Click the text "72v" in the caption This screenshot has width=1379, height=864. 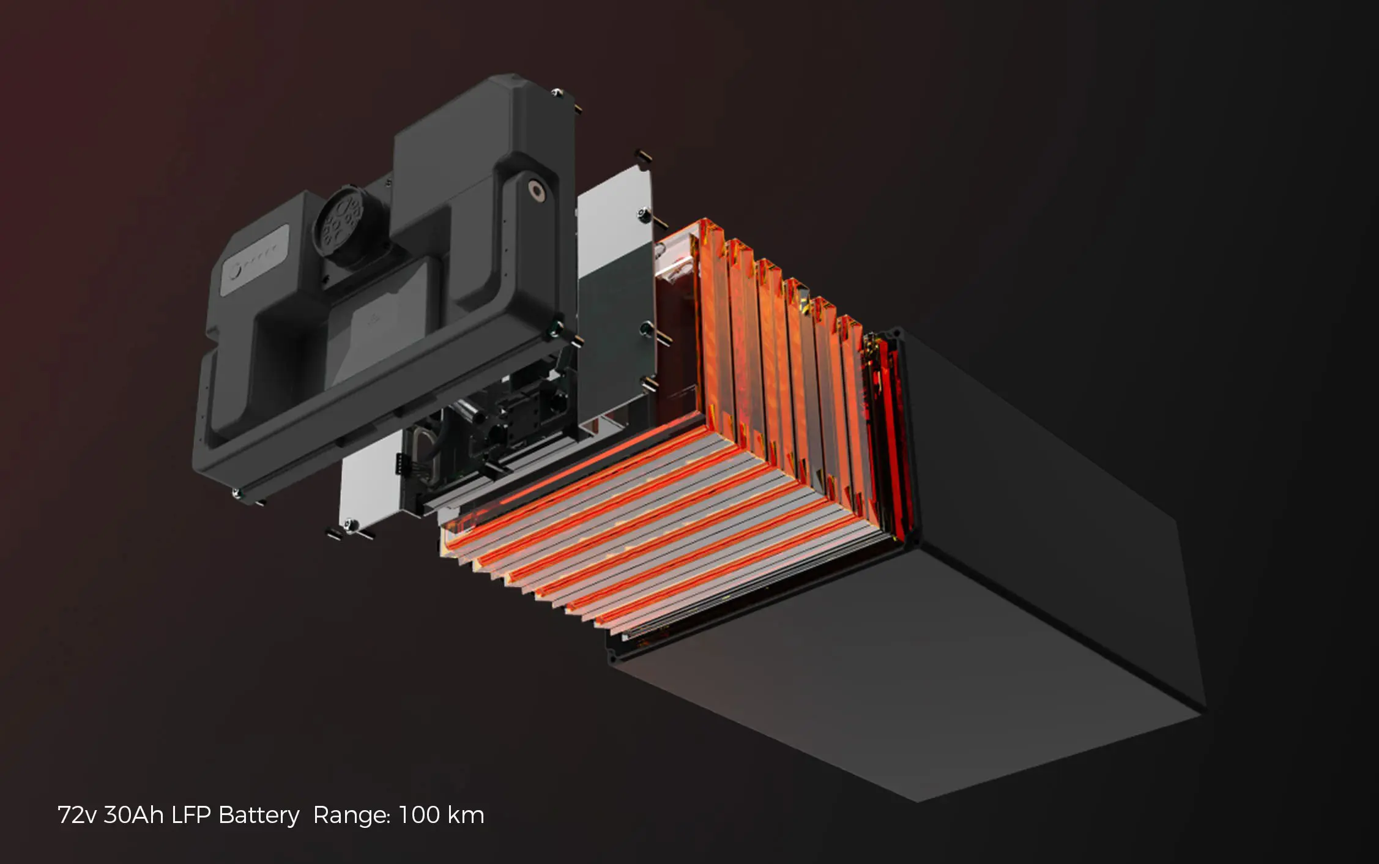[x=76, y=816]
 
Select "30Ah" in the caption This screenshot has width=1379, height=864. [x=134, y=816]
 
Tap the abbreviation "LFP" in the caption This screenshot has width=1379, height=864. [x=191, y=816]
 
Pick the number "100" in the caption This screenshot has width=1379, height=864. [x=419, y=816]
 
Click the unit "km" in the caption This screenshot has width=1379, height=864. [x=466, y=816]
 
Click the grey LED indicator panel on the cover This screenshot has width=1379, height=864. [x=254, y=261]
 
